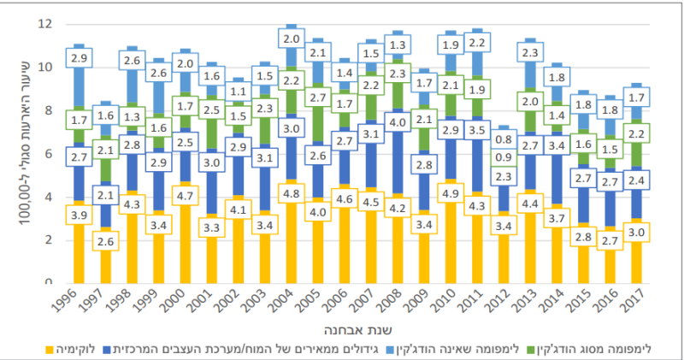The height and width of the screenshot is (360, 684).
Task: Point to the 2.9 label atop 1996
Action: coord(80,59)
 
